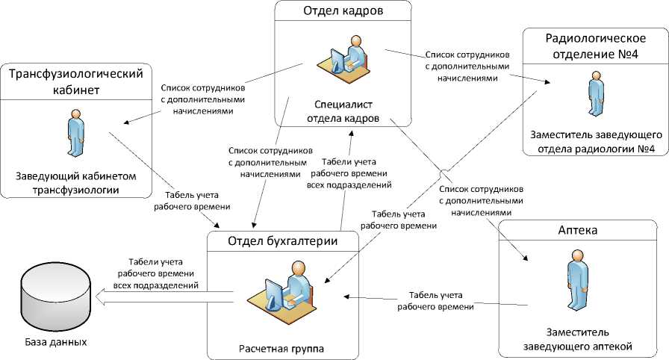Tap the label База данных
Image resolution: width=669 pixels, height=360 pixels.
pos(53,343)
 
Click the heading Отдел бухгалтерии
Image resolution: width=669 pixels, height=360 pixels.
pos(282,240)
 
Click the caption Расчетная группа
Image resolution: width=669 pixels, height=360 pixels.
pos(281,348)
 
